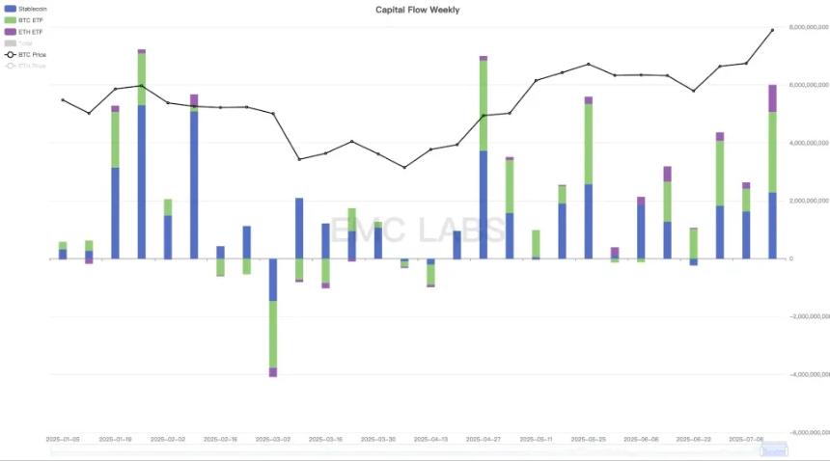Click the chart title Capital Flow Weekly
pyautogui.click(x=417, y=10)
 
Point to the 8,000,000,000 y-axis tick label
pyautogui.click(x=809, y=27)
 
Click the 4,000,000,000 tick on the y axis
pyautogui.click(x=809, y=143)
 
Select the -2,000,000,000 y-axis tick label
pyautogui.click(x=809, y=316)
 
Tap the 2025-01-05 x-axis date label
pyautogui.click(x=63, y=438)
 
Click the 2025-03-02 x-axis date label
pyautogui.click(x=273, y=438)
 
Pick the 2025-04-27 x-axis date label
pyautogui.click(x=484, y=438)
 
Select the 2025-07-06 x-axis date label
pyautogui.click(x=746, y=438)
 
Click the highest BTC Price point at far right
pyautogui.click(x=772, y=30)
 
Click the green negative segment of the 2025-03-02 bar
pyautogui.click(x=273, y=334)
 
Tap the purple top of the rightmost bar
pyautogui.click(x=772, y=97)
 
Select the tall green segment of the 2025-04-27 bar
pyautogui.click(x=484, y=105)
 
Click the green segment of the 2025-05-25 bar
pyautogui.click(x=589, y=144)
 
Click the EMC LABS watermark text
pyautogui.click(x=417, y=230)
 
